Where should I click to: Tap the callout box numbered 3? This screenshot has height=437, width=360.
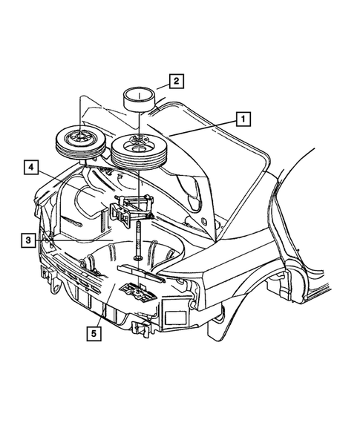[27, 240]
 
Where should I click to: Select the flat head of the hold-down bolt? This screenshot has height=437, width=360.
[138, 259]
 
